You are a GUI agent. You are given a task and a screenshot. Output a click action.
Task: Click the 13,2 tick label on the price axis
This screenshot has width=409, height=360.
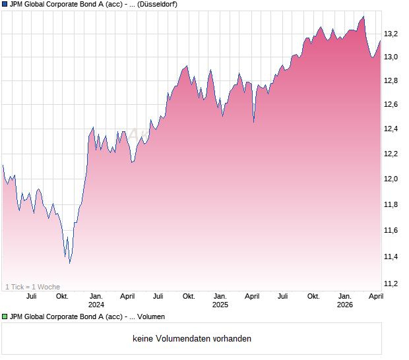[x=391, y=33]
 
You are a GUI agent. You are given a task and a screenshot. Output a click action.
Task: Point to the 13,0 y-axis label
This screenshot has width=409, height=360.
[x=391, y=57]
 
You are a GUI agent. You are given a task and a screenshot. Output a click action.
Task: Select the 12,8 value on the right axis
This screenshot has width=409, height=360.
[x=391, y=80]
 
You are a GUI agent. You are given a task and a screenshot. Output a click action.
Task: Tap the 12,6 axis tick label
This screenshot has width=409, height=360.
[x=391, y=105]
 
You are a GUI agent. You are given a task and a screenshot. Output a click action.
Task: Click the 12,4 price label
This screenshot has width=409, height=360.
[x=391, y=129]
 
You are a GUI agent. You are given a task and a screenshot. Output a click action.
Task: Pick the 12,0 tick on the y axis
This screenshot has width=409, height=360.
[x=391, y=179]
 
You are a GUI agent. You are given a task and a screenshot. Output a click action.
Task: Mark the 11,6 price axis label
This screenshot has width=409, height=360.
[x=391, y=230]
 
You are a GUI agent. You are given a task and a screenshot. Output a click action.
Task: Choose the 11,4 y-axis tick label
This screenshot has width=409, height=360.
[x=391, y=256]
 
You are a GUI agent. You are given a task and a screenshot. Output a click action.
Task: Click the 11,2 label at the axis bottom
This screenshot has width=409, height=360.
[x=391, y=284]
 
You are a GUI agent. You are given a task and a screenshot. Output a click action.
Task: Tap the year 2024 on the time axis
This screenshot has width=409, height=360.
[x=96, y=305]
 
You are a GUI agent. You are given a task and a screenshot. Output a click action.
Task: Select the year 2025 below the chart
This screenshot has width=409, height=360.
[x=220, y=305]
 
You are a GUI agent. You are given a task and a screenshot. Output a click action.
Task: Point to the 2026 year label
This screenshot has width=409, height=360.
[x=345, y=305]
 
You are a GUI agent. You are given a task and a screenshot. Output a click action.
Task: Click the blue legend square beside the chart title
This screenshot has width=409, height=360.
[x=5, y=4]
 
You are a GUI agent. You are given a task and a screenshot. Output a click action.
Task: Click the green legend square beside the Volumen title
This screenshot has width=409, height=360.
[x=5, y=316]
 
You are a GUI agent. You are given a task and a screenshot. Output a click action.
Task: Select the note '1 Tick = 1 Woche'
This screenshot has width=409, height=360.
[x=32, y=287]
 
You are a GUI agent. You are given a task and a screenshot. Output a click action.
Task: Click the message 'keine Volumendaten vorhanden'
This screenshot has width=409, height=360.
[x=192, y=339]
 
